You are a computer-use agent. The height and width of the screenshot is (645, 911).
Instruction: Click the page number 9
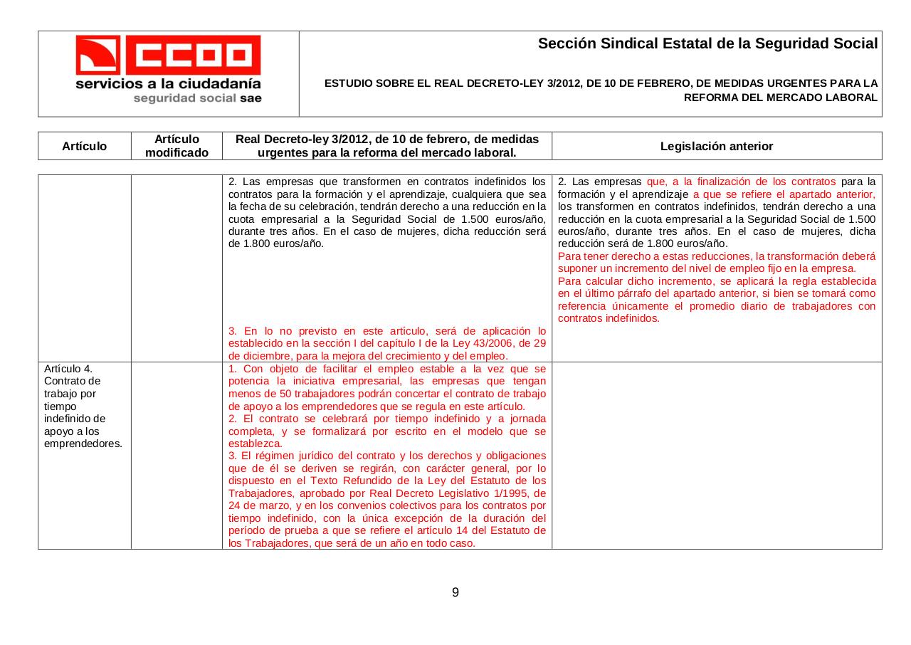(x=455, y=592)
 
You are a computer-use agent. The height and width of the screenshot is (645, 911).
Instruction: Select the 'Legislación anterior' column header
(x=716, y=146)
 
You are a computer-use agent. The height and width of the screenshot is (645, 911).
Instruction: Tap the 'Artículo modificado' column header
(x=177, y=146)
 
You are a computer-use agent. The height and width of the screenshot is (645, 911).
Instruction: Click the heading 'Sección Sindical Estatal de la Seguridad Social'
(x=707, y=43)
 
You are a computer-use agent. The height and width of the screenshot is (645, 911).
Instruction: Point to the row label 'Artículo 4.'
(x=68, y=369)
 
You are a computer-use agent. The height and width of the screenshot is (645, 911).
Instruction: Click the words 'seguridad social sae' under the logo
(x=197, y=98)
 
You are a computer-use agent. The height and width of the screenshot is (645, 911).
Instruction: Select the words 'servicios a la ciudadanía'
(x=169, y=83)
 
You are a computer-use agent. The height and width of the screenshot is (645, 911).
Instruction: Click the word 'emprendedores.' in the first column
(x=83, y=444)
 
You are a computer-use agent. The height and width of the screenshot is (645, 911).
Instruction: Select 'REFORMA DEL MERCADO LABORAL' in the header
(x=780, y=97)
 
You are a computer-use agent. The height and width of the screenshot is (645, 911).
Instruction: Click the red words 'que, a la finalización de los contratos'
(x=741, y=182)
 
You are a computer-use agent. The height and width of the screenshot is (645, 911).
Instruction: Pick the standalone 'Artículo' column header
(x=84, y=146)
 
